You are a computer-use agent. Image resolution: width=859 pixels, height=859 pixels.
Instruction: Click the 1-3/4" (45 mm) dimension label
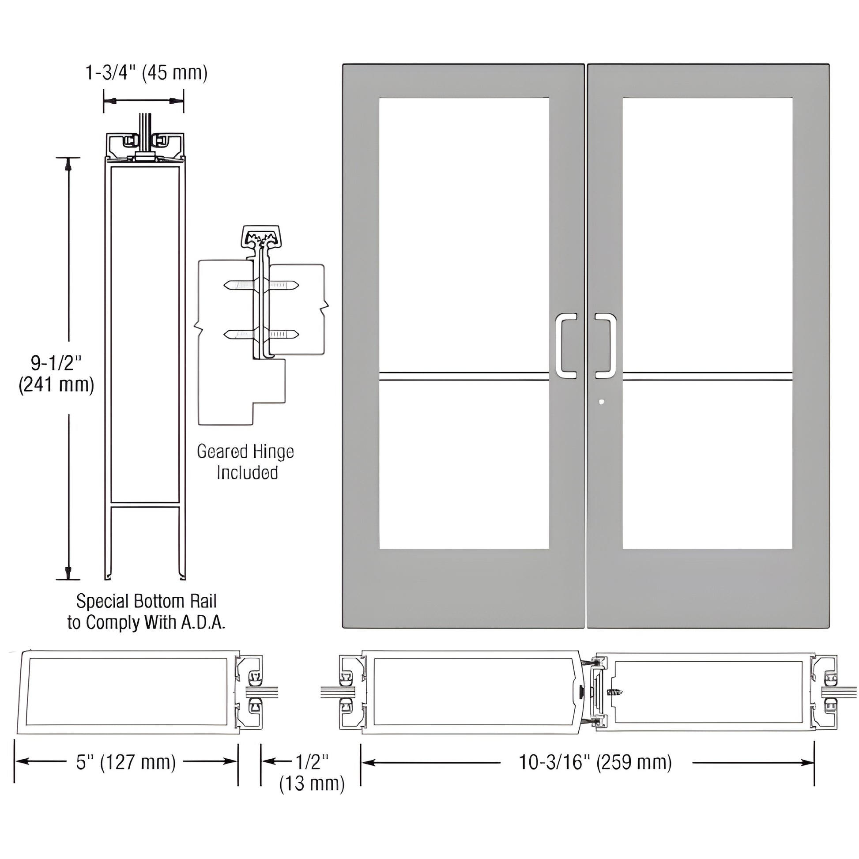(x=146, y=73)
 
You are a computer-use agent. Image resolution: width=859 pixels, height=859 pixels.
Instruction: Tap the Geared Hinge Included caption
(x=246, y=462)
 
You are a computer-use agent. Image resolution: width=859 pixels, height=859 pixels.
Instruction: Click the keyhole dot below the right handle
(x=602, y=402)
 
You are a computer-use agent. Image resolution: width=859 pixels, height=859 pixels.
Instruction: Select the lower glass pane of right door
(x=707, y=465)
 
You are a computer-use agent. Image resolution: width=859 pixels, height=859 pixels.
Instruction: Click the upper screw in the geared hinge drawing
(x=261, y=285)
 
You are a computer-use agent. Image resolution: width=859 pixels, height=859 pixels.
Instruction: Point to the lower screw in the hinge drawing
(x=261, y=333)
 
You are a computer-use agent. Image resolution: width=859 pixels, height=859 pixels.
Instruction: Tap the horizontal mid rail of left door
(x=464, y=377)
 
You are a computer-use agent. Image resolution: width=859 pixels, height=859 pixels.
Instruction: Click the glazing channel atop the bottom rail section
(x=145, y=144)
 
